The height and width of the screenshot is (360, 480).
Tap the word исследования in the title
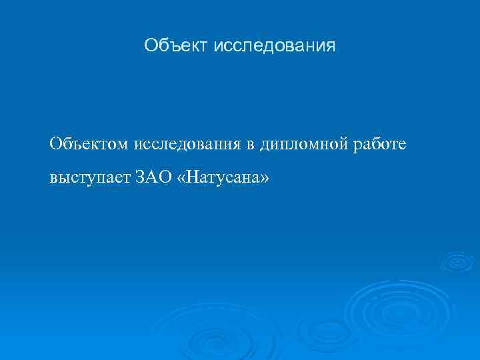coord(275,46)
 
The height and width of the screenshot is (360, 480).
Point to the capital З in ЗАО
coord(139,179)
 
